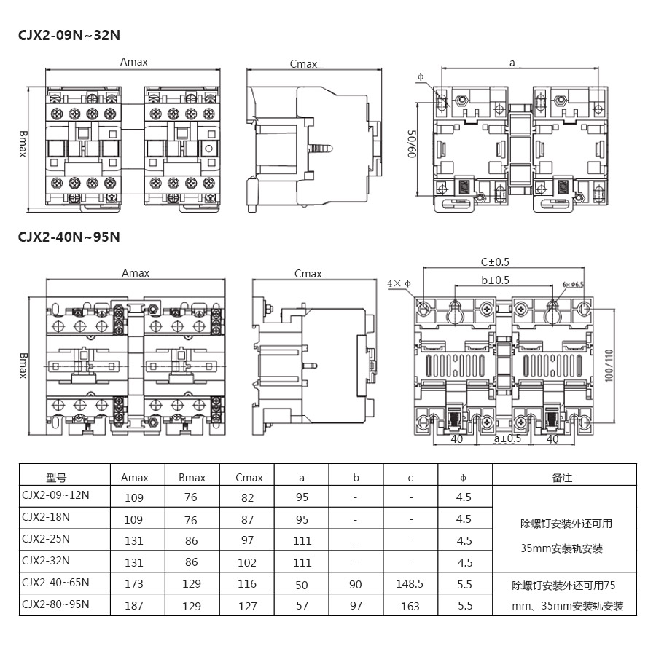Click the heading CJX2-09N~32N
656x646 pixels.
[69, 34]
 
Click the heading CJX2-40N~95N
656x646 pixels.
[69, 237]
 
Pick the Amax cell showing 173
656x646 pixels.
[134, 584]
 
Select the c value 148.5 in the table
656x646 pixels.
[411, 584]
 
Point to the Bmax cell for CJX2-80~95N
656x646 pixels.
[192, 605]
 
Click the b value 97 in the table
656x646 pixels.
[356, 605]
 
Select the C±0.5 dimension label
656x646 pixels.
[495, 262]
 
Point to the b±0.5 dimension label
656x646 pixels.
[495, 280]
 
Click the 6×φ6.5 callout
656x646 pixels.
[573, 285]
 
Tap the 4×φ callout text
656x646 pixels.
[399, 283]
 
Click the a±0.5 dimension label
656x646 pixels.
[507, 438]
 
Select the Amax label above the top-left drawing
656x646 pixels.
[134, 63]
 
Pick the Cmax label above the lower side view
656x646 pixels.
[308, 274]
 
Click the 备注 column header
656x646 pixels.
[562, 478]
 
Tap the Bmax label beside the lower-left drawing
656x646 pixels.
[23, 365]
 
